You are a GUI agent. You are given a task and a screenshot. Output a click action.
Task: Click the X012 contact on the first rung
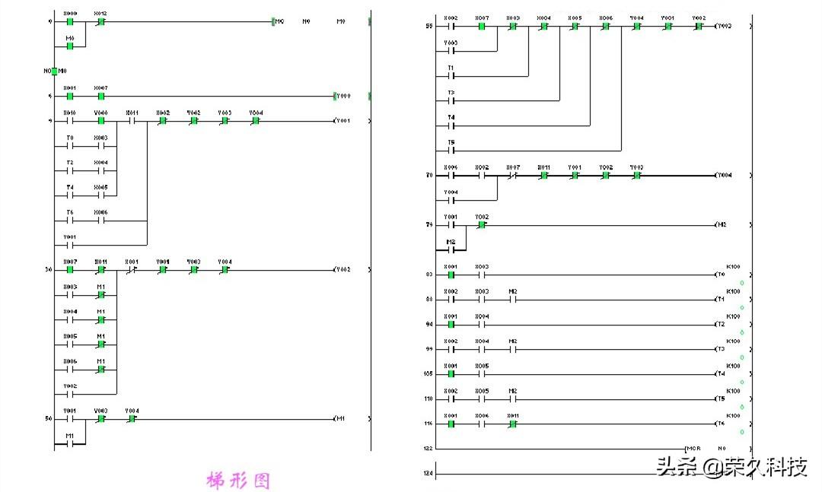(101, 21)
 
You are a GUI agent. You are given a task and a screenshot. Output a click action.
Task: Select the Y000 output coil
(343, 97)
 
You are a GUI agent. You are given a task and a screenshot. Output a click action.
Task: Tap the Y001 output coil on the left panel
(342, 121)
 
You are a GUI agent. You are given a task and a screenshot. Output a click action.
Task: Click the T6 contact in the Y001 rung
(70, 221)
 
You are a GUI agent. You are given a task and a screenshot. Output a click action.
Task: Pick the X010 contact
(70, 121)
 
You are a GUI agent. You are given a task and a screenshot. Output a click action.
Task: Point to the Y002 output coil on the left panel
(342, 270)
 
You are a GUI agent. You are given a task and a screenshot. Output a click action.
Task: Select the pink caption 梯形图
(238, 481)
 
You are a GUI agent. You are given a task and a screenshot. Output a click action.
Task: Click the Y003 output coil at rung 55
(724, 26)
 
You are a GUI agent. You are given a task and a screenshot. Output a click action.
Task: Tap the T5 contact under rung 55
(451, 150)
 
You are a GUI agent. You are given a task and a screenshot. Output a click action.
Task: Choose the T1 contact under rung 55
(451, 76)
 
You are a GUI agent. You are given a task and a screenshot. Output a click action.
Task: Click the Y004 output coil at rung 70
(724, 176)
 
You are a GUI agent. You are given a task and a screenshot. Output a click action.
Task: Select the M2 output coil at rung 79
(722, 225)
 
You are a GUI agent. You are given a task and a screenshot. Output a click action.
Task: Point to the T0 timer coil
(721, 275)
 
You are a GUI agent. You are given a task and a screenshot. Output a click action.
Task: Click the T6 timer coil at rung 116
(721, 424)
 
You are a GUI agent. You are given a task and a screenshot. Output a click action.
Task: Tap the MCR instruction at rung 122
(693, 449)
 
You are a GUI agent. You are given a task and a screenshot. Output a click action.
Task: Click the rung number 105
(428, 374)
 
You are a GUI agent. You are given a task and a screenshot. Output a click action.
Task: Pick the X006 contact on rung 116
(482, 424)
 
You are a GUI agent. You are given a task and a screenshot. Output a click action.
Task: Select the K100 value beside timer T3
(733, 341)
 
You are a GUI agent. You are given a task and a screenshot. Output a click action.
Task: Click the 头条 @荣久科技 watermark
(731, 466)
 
